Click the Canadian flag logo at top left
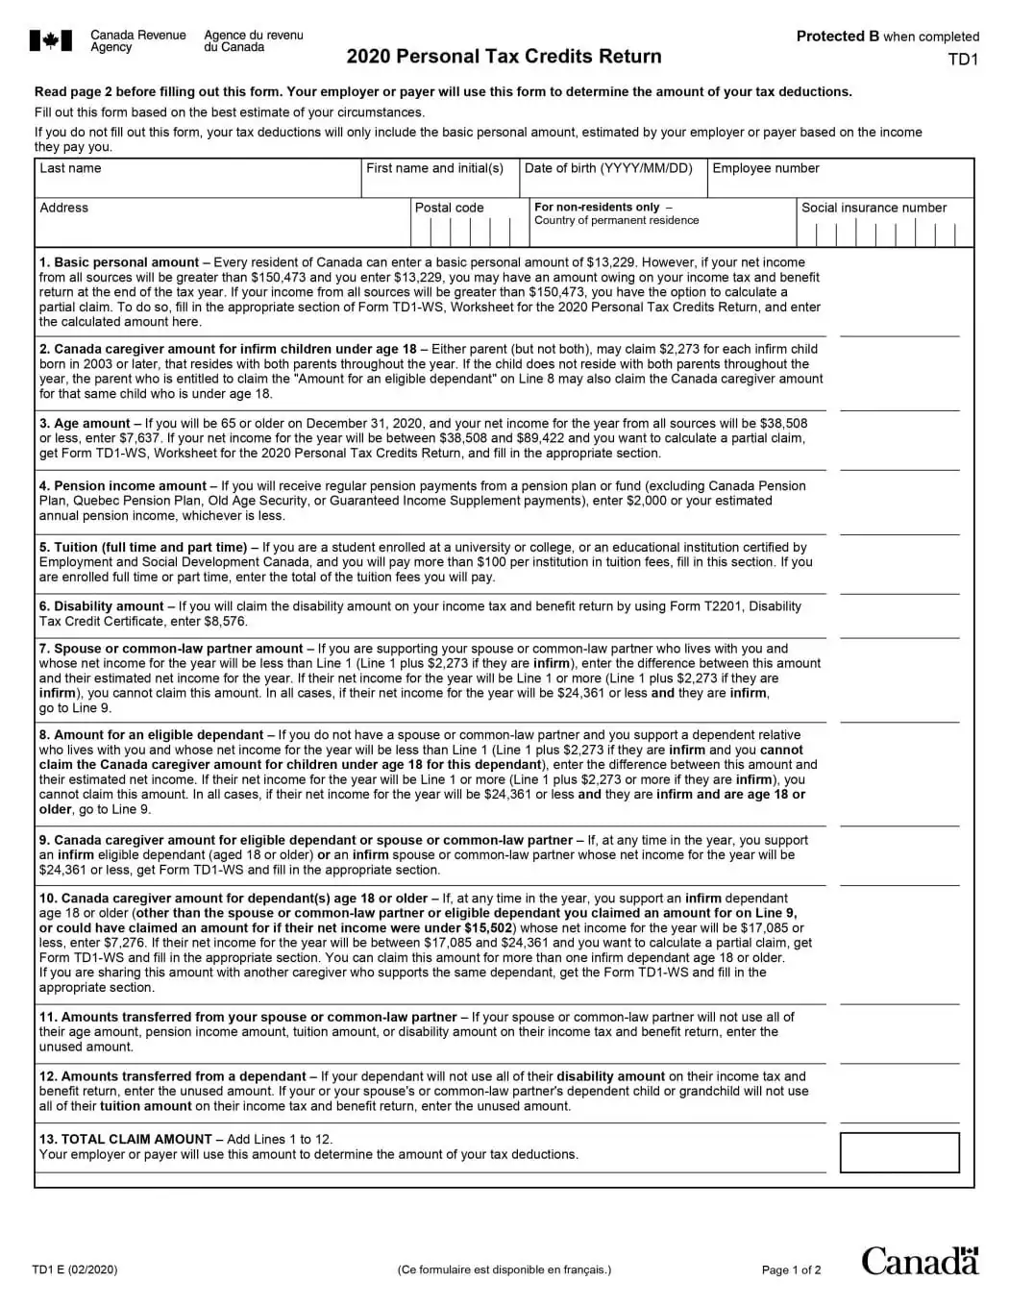click(x=50, y=40)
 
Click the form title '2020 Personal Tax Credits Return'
click(x=504, y=57)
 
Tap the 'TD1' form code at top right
click(x=962, y=60)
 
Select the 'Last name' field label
click(x=70, y=168)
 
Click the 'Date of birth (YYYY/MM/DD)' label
click(x=608, y=168)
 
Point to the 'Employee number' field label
click(x=765, y=168)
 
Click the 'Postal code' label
click(x=449, y=208)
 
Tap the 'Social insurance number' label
click(x=874, y=208)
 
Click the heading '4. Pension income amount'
click(x=123, y=486)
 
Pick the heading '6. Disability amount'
click(x=102, y=606)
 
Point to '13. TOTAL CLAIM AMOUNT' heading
click(x=126, y=1140)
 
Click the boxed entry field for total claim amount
click(x=898, y=1152)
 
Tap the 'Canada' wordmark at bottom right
click(x=919, y=1261)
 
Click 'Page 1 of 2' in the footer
click(x=791, y=1270)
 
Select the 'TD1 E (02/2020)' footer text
click(x=75, y=1269)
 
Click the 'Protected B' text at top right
click(x=838, y=37)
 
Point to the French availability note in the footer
click(x=504, y=1269)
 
